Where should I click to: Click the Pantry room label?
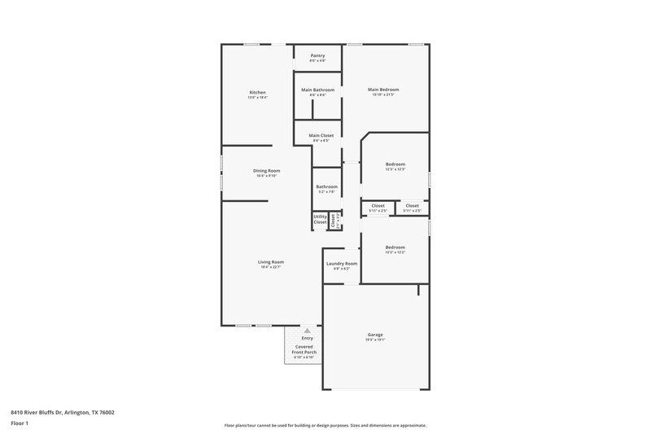[317, 55]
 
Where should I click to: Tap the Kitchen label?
[257, 92]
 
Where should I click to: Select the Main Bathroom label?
[317, 89]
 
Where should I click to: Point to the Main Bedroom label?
[383, 89]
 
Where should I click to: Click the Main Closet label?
[321, 135]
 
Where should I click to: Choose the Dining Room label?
[267, 170]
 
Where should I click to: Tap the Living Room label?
[271, 261]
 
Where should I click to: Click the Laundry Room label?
[342, 263]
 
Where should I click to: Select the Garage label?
[375, 335]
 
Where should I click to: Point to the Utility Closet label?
[320, 220]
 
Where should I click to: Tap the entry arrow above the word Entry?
[307, 331]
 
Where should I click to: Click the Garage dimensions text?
[375, 340]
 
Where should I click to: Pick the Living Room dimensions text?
[271, 267]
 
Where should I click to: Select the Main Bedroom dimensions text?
[383, 94]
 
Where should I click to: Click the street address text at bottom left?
[63, 412]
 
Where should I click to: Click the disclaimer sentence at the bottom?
[325, 425]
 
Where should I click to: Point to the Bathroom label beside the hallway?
[327, 186]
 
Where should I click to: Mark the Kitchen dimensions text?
[257, 97]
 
